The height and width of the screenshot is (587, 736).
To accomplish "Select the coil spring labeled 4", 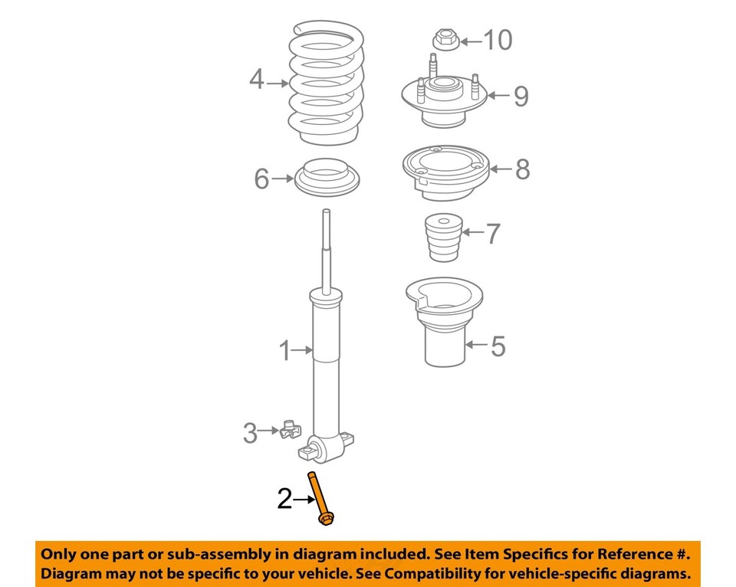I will tap(326, 84).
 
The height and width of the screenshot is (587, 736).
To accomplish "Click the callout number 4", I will tap(256, 79).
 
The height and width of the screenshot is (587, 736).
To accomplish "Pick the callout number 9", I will tap(521, 97).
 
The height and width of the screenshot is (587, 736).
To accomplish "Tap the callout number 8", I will tap(521, 169).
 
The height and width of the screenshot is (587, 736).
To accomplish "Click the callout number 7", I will tap(493, 233).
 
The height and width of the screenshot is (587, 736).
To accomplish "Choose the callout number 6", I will tap(261, 179).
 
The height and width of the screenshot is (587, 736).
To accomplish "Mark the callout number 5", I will tap(498, 346).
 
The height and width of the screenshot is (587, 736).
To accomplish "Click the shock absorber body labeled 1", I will tap(328, 368).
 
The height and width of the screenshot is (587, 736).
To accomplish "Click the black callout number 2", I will tap(284, 500).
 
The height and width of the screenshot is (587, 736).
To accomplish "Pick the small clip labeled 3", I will tap(290, 431).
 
